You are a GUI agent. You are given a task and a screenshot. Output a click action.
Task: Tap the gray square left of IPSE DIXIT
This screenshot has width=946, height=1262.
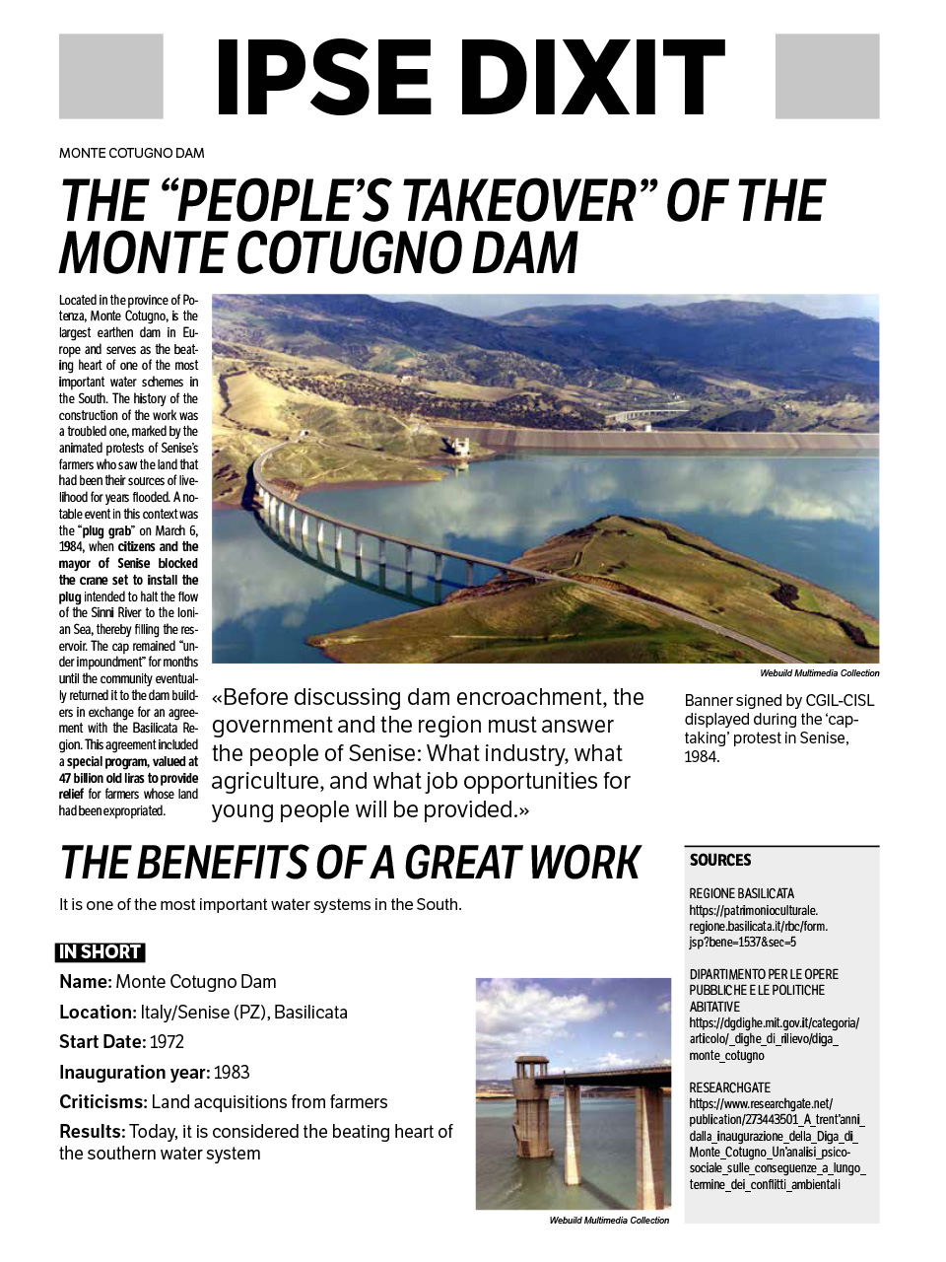110,76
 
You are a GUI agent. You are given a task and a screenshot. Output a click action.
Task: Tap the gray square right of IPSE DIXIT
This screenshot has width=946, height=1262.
827,76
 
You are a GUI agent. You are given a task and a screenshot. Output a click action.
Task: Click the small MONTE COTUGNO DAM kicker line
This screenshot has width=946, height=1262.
132,153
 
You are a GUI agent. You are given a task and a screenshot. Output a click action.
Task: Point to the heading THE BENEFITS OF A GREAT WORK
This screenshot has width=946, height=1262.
350,863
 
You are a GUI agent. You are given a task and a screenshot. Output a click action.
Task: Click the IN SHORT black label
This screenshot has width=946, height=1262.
100,951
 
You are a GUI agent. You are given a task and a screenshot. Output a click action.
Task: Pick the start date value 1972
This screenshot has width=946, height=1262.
167,1041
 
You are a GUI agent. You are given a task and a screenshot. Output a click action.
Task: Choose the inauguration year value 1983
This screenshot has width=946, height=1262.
232,1072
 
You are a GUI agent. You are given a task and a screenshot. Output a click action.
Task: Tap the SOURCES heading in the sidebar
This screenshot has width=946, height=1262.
720,860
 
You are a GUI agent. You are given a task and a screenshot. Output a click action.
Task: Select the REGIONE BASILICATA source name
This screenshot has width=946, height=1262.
741,893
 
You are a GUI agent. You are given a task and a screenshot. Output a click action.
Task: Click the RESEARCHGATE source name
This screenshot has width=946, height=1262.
729,1087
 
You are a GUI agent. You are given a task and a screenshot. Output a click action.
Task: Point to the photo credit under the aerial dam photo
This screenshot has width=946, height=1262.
819,673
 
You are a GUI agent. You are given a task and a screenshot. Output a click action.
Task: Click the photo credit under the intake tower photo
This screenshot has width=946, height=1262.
609,1220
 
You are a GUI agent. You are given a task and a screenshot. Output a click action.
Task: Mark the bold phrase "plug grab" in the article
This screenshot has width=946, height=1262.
105,530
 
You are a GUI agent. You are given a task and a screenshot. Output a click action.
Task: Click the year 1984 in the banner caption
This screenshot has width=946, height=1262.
702,756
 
